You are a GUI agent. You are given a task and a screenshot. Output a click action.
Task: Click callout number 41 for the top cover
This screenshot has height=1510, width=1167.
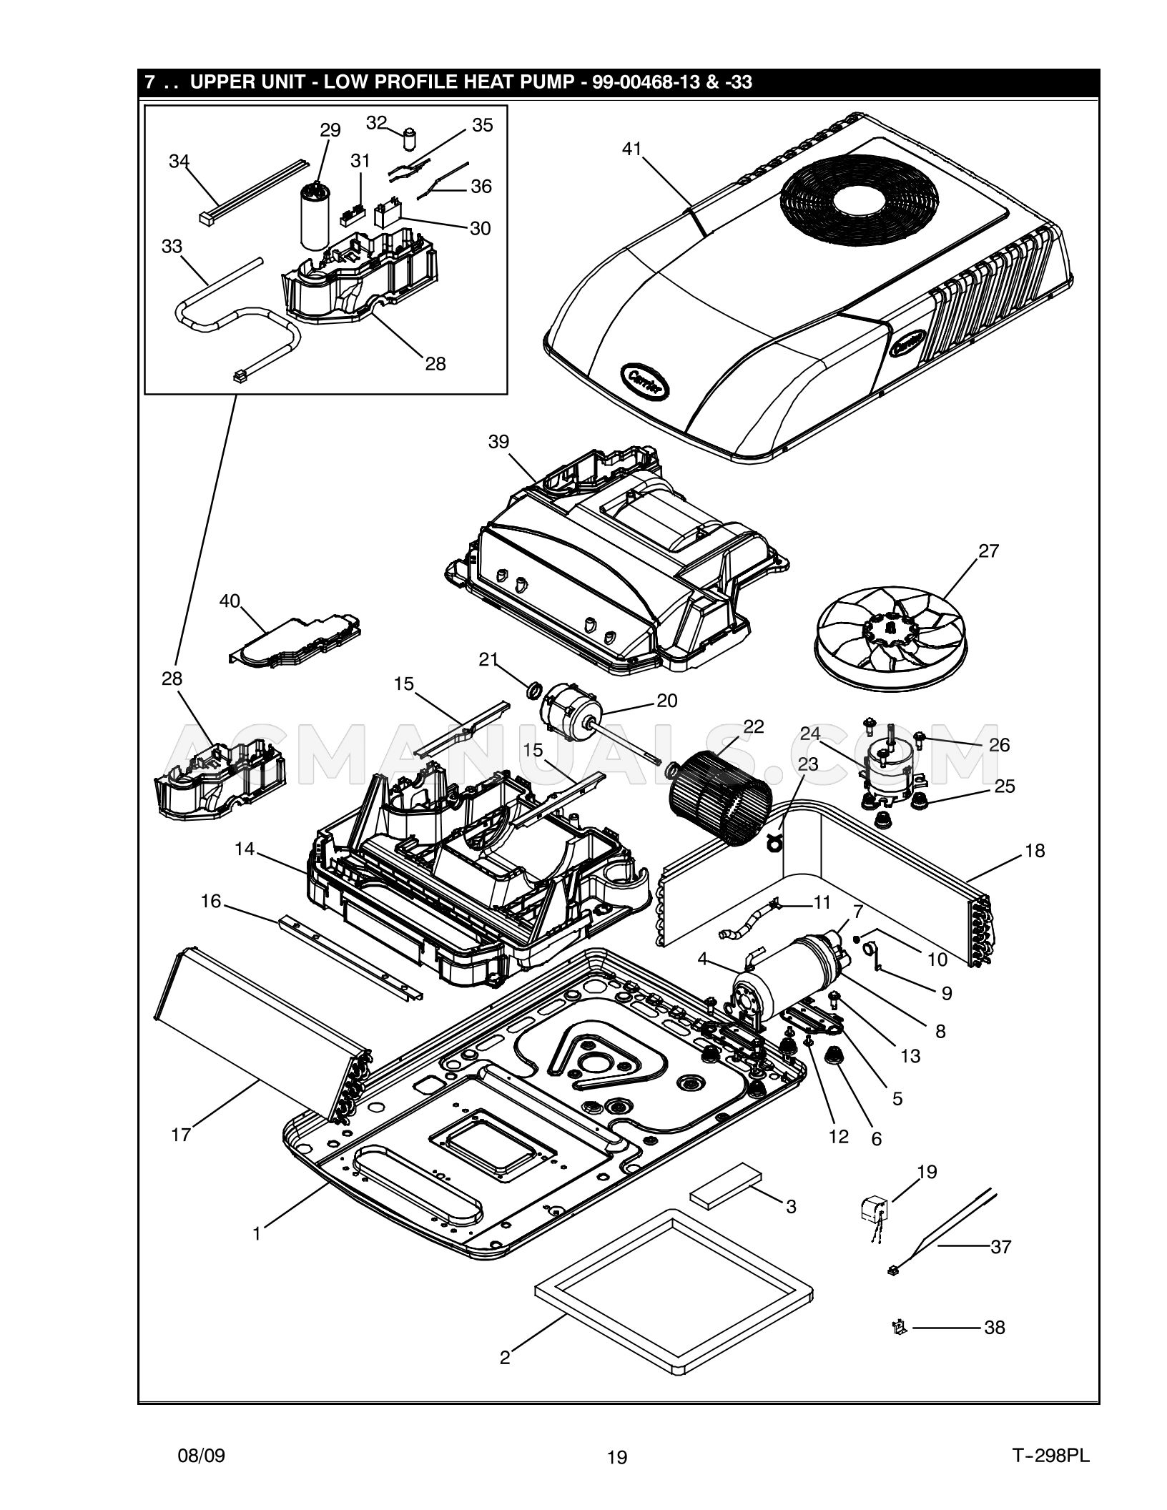coord(631,149)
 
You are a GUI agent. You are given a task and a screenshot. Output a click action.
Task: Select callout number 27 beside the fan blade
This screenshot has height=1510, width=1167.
coord(988,551)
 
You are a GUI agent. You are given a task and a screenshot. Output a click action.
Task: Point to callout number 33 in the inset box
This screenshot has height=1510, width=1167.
coord(172,247)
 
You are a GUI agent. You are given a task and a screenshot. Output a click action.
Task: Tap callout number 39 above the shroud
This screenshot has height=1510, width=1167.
coord(498,442)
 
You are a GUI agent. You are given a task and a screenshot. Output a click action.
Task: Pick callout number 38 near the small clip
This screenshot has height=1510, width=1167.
coord(995,1328)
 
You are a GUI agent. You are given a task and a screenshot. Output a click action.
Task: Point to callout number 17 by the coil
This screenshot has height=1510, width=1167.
coord(181,1135)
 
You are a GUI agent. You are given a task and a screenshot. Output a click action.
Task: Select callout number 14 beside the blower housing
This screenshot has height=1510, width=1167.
coord(245,849)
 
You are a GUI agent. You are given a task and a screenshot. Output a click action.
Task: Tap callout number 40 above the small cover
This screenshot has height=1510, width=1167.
coord(230,602)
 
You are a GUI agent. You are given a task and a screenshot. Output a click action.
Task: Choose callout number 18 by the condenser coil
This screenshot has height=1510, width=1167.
coord(1034,851)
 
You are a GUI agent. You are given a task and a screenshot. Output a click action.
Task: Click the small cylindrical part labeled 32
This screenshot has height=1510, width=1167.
coord(410,137)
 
